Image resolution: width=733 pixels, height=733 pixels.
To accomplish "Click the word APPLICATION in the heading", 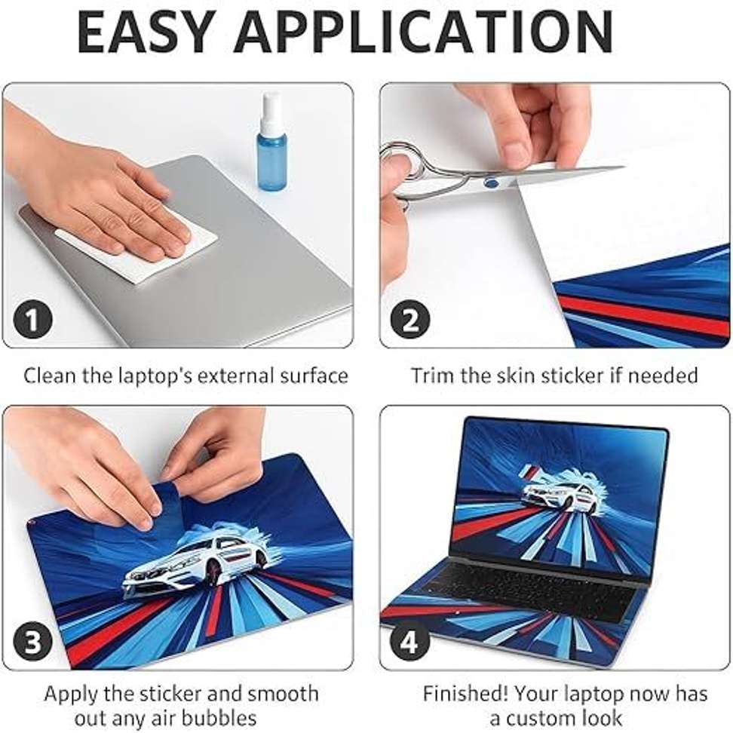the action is pos(424,32).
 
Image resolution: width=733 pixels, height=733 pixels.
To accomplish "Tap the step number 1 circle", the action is pos(32,320).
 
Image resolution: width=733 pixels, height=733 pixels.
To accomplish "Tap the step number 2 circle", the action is pos(410,320).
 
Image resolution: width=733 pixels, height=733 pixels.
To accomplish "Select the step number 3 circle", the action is pos(32,641).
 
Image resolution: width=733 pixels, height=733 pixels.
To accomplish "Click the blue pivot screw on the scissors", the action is pos(492,182).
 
